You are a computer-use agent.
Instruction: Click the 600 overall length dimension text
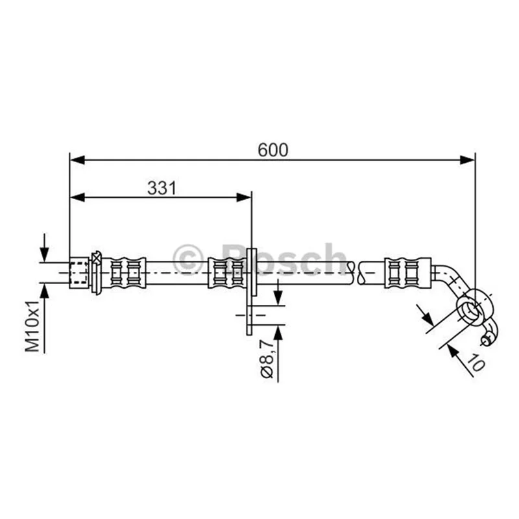point(272,150)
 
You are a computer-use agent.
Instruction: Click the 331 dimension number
point(162,188)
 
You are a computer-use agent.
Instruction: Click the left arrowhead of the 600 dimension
point(77,160)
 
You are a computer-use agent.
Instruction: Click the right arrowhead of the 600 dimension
point(467,160)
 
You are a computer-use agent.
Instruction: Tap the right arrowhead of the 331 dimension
point(244,198)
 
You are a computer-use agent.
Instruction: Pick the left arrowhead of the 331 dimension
point(77,198)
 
